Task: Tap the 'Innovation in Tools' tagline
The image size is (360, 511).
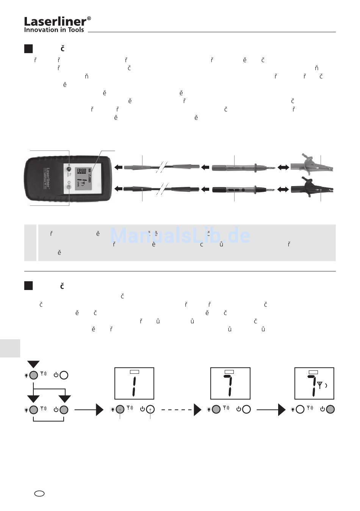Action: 54,30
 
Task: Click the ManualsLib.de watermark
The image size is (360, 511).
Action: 180,235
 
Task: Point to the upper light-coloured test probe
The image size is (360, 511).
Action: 243,167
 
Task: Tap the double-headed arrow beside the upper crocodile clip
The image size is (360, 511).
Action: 283,167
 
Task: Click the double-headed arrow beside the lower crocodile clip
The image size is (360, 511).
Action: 283,188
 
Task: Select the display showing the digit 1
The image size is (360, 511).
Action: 134,383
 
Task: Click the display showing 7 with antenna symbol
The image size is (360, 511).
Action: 314,383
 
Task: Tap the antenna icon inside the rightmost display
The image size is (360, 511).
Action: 320,386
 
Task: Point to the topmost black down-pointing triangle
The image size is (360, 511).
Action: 33,364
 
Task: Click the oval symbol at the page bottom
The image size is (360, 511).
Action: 39,494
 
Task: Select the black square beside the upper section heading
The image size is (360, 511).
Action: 28,49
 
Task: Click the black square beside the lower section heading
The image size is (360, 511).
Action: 28,285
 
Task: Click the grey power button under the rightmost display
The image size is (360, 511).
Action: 330,409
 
